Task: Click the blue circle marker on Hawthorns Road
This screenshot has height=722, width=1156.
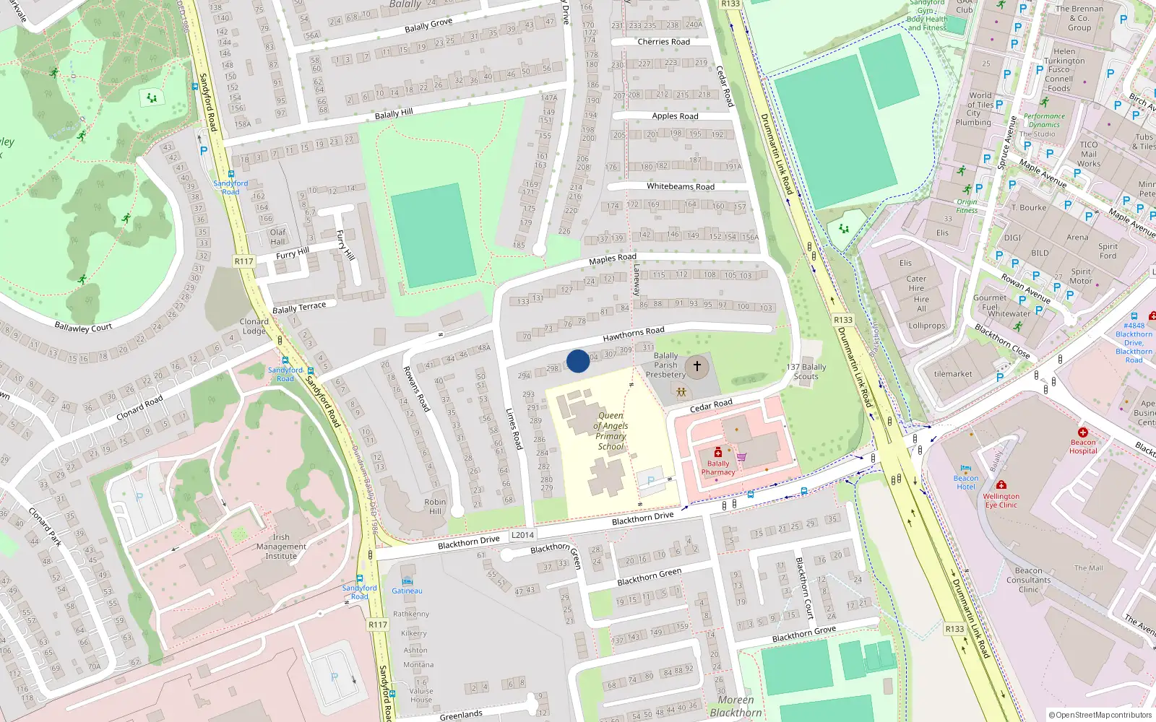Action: (x=578, y=361)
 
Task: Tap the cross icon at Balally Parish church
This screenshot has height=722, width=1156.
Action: (x=696, y=366)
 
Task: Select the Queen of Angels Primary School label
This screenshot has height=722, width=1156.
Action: (x=611, y=431)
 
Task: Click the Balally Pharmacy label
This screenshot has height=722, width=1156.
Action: (x=718, y=468)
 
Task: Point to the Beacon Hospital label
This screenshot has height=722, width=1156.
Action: (x=1082, y=446)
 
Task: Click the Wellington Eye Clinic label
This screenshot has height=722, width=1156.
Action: (x=1001, y=500)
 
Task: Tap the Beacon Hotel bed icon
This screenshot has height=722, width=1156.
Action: (x=966, y=468)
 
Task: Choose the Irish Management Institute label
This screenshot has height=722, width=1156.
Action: (x=281, y=547)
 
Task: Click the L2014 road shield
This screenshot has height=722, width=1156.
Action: (x=522, y=535)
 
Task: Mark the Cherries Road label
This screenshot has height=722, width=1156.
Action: (x=663, y=42)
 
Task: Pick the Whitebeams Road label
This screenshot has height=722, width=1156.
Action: (x=680, y=186)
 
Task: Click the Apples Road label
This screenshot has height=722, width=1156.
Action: (x=675, y=116)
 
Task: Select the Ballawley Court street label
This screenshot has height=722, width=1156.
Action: (x=83, y=327)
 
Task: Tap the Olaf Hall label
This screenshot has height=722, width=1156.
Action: (x=278, y=237)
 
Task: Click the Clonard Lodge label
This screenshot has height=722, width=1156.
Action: (x=254, y=326)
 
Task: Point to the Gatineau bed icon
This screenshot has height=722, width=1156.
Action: (x=407, y=580)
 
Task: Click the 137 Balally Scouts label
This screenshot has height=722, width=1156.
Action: (x=806, y=371)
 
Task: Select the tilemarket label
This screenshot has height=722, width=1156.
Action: (x=953, y=374)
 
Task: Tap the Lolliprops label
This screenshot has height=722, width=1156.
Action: (x=927, y=326)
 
